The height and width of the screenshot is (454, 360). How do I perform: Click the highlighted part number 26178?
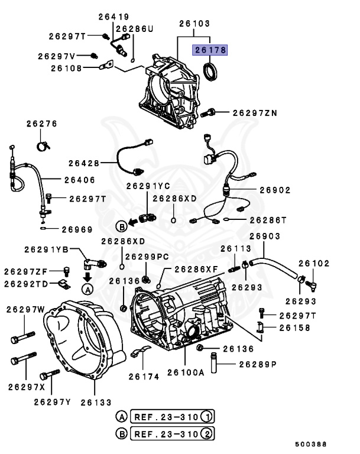point(207,51)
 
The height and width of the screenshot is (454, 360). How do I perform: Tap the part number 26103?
point(194,23)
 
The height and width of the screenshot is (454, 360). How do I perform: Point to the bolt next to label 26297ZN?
point(210,112)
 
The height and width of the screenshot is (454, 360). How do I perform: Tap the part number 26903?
point(264,236)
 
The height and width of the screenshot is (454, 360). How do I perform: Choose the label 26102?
point(314,263)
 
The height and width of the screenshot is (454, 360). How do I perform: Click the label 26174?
point(143,376)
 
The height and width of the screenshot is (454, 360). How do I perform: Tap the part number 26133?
point(96,402)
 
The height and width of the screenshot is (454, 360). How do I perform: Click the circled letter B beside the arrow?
point(121,225)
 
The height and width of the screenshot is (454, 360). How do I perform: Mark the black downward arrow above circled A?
point(87,276)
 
